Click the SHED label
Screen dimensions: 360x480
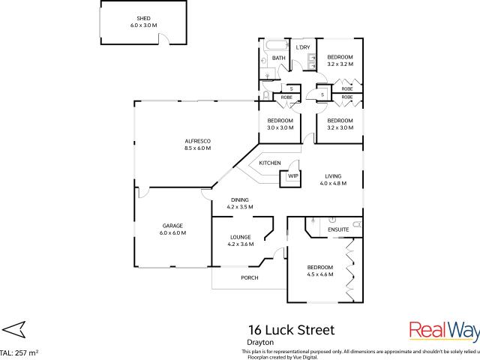[x=143, y=18]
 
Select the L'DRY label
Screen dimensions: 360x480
[x=303, y=48]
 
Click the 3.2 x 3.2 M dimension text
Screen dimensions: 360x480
[x=340, y=64]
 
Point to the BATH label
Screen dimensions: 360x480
[x=278, y=58]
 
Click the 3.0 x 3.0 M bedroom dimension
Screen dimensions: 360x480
[x=280, y=127]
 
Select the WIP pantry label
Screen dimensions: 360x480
[x=292, y=176]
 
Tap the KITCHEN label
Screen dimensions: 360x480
[x=270, y=163]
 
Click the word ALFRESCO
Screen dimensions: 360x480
[x=197, y=141]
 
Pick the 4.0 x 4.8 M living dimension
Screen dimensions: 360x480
[x=333, y=184]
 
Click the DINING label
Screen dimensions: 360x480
[x=240, y=199]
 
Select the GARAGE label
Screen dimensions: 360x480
[x=172, y=226]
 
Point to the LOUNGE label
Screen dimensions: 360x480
[x=240, y=237]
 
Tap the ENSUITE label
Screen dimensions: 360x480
[x=328, y=229]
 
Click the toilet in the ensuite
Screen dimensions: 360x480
[x=357, y=224]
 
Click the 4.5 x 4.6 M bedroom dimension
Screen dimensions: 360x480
[x=320, y=274]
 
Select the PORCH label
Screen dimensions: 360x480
[x=249, y=278]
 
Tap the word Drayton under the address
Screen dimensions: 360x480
[x=258, y=342]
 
